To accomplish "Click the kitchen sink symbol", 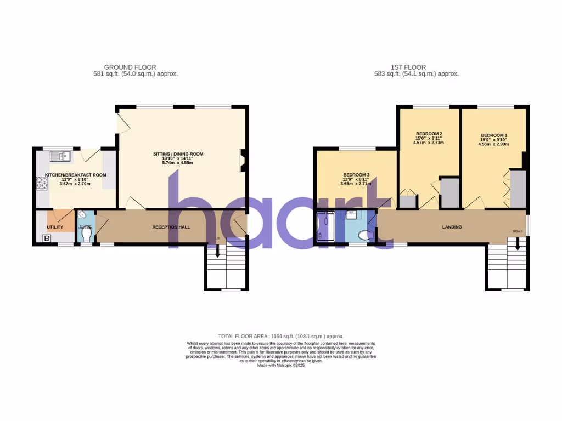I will click(x=61, y=157).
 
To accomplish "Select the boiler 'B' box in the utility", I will click(x=47, y=238).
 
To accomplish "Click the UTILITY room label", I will click(x=55, y=227).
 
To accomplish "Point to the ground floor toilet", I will click(x=85, y=235).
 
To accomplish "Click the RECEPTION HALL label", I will click(x=171, y=226).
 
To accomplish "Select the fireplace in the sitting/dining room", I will click(x=242, y=160).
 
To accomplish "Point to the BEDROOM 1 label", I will click(x=494, y=135).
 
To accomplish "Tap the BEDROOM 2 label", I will click(x=429, y=134).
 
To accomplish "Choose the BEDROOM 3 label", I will click(x=356, y=175).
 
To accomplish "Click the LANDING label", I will click(x=452, y=227).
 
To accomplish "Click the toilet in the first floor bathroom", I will click(x=365, y=235).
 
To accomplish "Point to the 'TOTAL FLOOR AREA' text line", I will click(x=280, y=336).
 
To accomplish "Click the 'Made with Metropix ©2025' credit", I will click(x=280, y=365).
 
